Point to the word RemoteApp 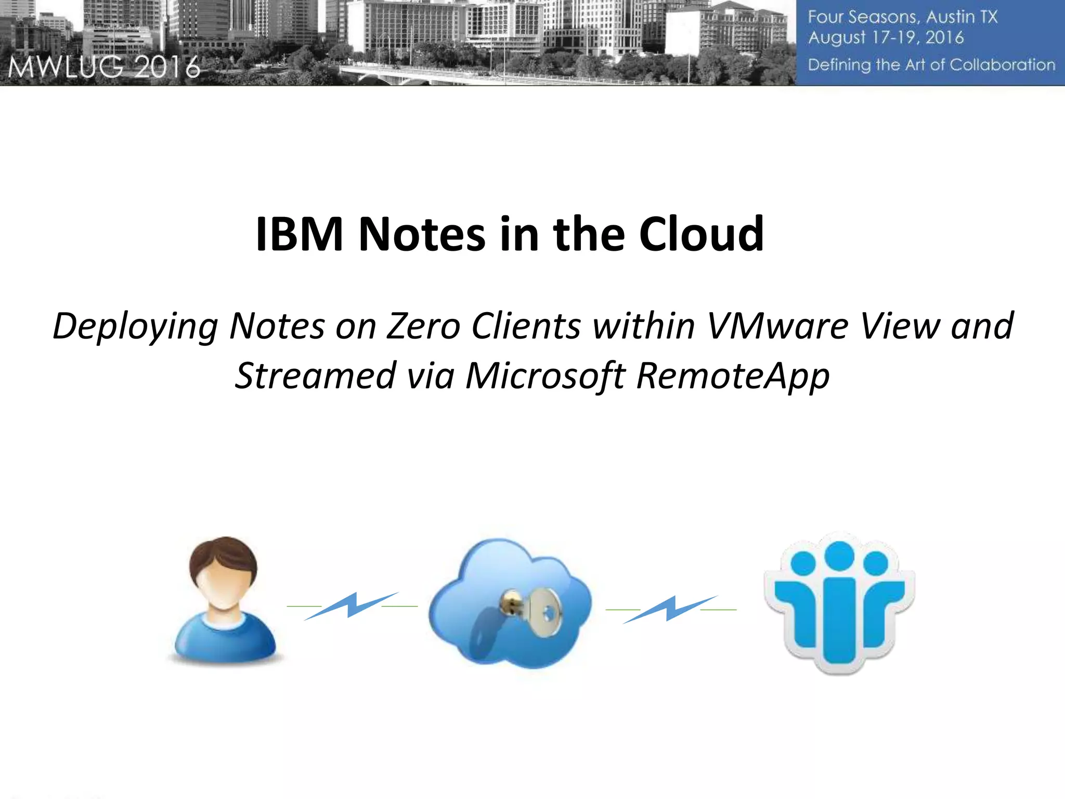click(x=733, y=376)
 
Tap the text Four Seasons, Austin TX click(x=902, y=17)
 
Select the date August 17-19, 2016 click(x=886, y=38)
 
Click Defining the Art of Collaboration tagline click(x=931, y=65)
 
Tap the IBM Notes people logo click(x=839, y=603)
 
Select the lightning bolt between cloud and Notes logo click(x=671, y=609)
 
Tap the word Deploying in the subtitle click(x=135, y=327)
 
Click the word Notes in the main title click(x=422, y=234)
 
